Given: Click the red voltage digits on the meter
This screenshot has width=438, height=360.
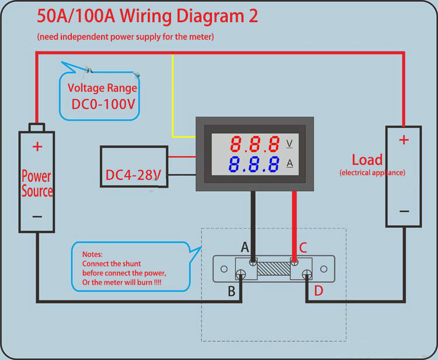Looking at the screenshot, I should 254,143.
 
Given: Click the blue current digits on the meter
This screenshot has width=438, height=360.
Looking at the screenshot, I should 254,164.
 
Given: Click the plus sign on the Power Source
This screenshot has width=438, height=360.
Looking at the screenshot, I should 37,146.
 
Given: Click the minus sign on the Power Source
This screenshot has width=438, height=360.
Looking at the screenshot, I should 37,216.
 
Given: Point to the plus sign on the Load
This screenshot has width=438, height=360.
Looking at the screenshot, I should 404,140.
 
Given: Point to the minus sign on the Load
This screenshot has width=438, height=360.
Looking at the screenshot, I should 404,212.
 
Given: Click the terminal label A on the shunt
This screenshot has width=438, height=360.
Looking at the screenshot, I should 245,247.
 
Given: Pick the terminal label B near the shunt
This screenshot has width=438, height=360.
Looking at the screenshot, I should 231,290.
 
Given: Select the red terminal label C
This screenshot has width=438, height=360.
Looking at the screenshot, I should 303,247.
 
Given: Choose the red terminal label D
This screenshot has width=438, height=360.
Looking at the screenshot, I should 318,290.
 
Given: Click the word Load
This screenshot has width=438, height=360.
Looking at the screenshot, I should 367,160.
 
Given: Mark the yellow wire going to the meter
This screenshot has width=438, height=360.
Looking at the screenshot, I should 173,99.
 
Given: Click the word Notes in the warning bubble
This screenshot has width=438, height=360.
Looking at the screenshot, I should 93,255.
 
